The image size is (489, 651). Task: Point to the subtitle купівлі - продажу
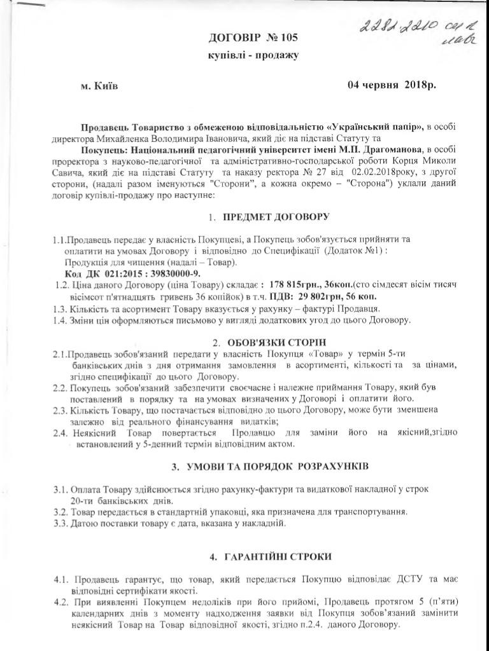coord(253,56)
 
